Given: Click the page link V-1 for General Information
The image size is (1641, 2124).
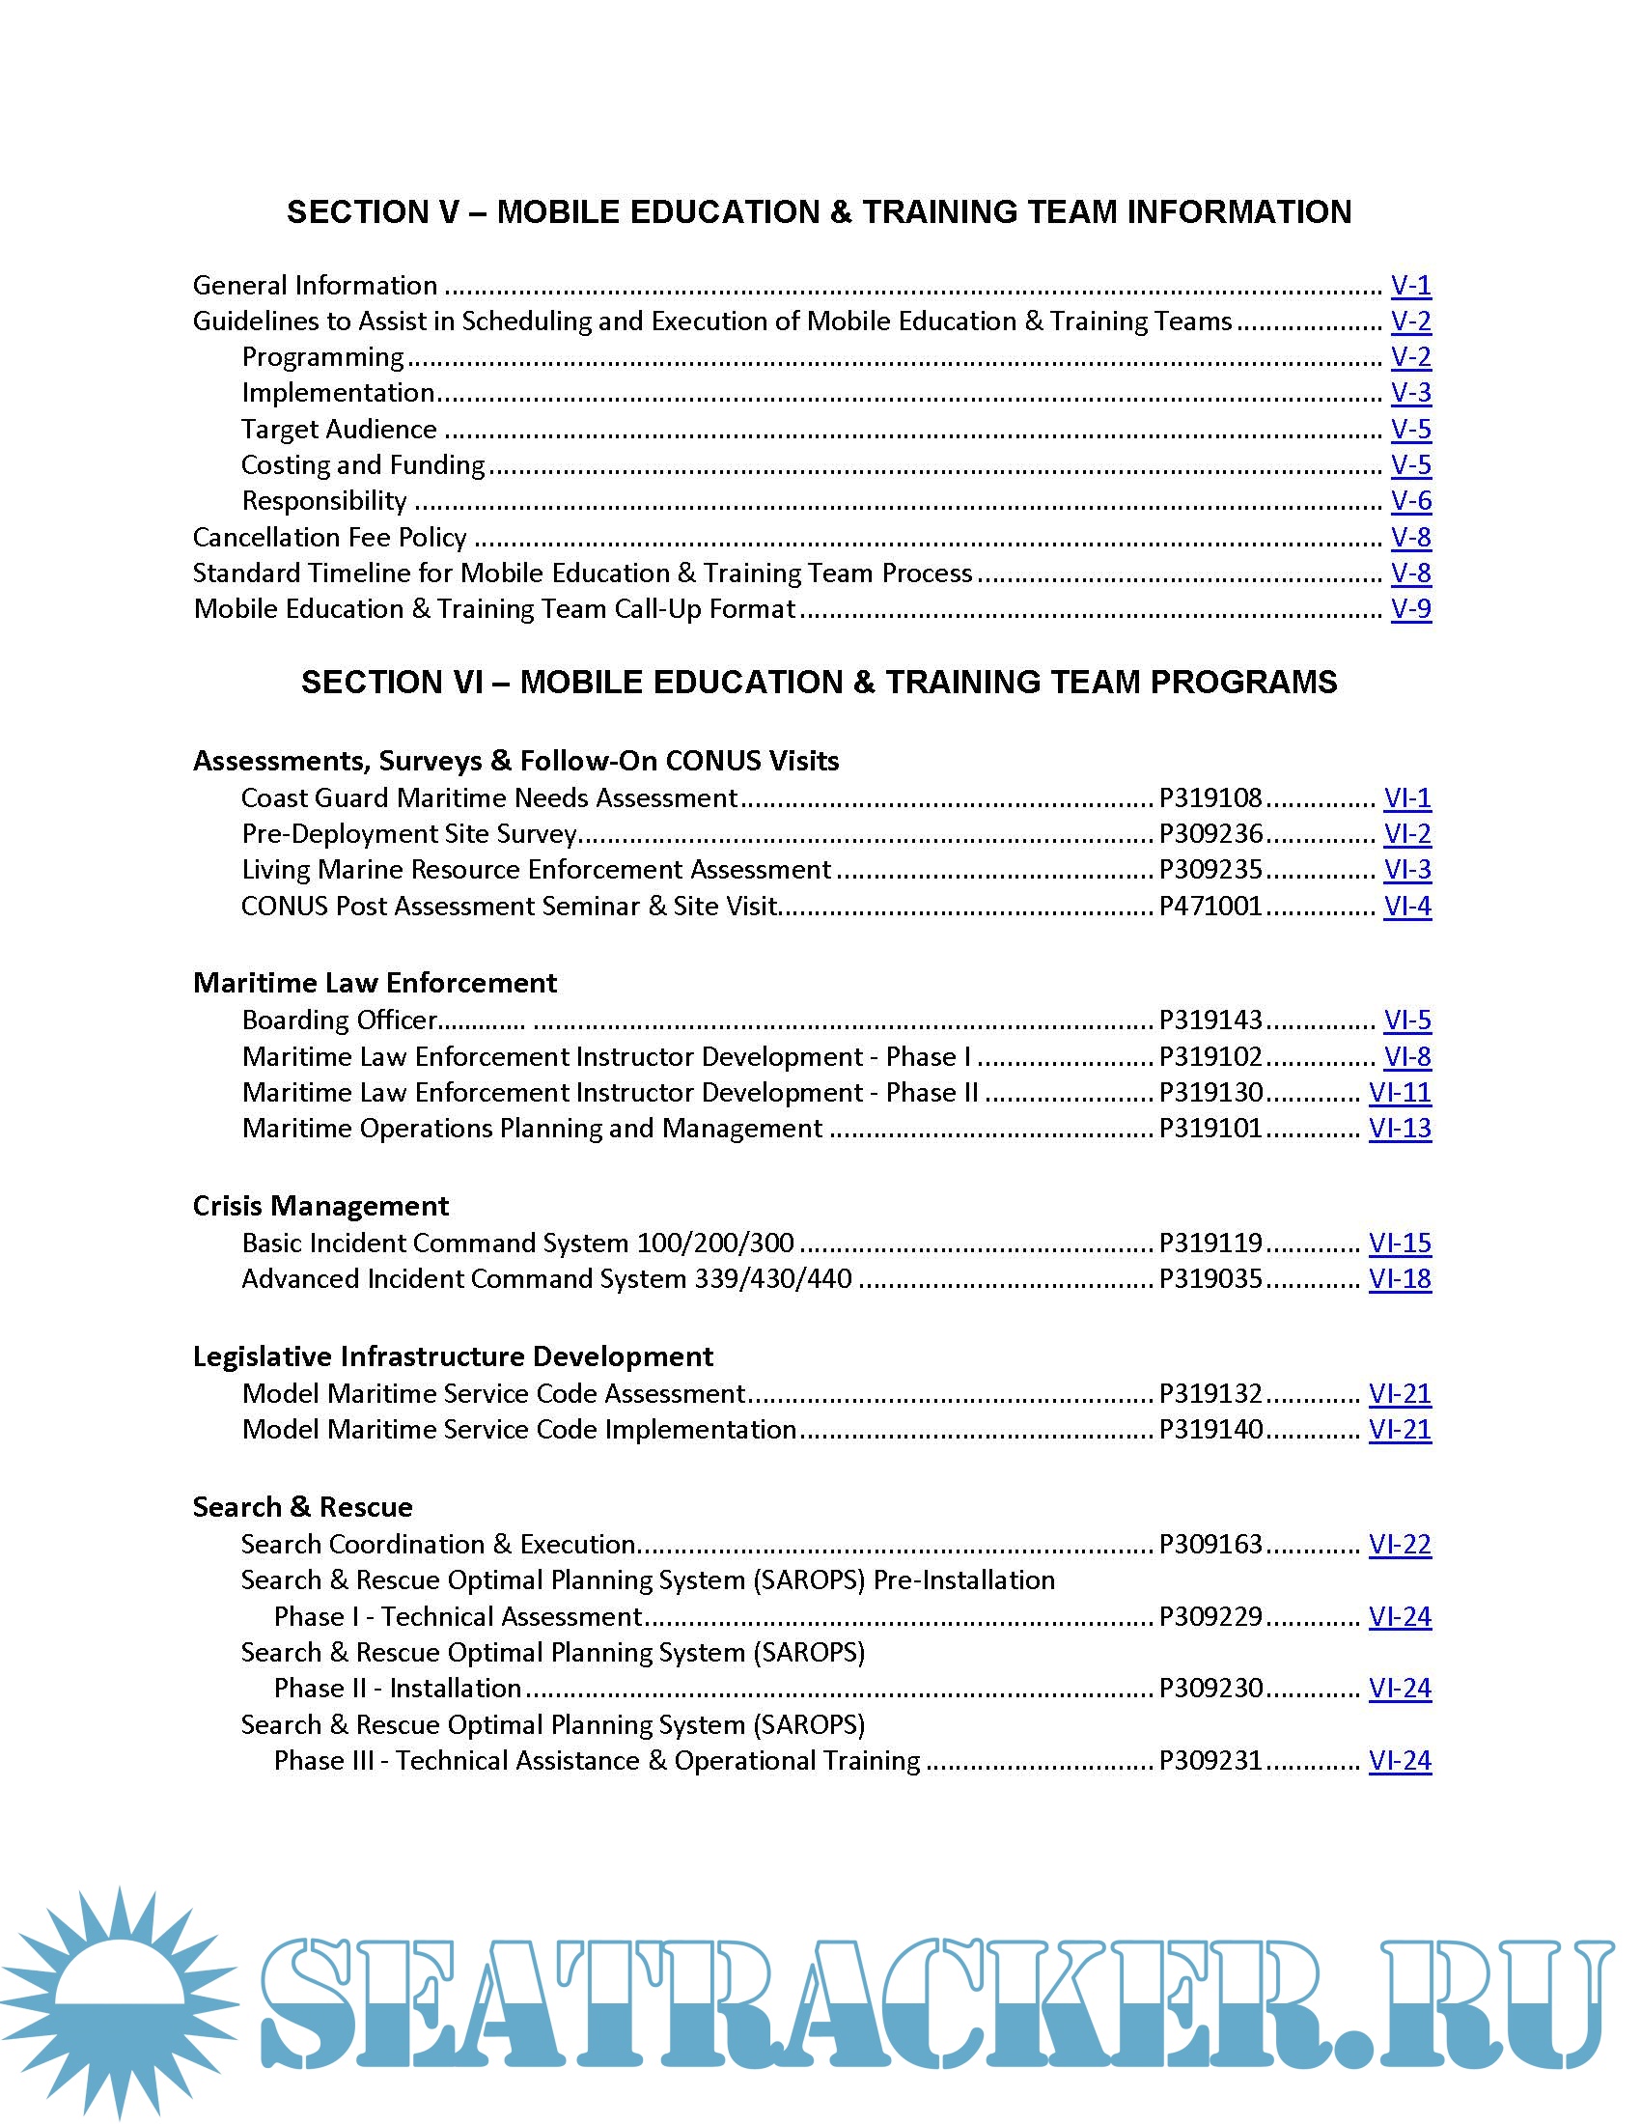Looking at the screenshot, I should pos(1410,285).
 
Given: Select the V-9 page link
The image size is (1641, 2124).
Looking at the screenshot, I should pos(1410,609).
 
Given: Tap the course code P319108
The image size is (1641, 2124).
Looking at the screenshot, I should pos(1210,798).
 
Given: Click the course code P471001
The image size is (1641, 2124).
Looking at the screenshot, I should pos(1210,907).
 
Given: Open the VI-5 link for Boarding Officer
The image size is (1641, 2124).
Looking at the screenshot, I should pos(1406,1020).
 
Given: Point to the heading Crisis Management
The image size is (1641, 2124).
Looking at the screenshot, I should pos(320,1206).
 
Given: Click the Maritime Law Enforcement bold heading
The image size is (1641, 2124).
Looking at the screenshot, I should pos(375,983).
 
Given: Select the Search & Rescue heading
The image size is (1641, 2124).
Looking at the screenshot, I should pos(302,1507).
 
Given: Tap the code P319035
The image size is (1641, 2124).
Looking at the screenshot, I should pos(1210,1279).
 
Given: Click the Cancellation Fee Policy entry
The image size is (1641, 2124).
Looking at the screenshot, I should pos(329,537).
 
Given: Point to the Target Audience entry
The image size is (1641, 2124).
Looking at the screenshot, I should pos(339,429).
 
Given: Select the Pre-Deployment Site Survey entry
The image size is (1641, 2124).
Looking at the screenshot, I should pos(409,834).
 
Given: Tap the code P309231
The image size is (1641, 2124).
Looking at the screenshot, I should pos(1210,1761).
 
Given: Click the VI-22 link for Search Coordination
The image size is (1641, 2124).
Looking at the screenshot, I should pos(1400,1545).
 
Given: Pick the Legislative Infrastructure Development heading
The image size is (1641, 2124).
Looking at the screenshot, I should pos(452,1356).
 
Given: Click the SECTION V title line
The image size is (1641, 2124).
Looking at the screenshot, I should pos(819,212).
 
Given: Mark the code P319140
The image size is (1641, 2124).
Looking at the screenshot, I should pos(1210,1430).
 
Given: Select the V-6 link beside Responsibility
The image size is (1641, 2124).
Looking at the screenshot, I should pos(1410,501).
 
